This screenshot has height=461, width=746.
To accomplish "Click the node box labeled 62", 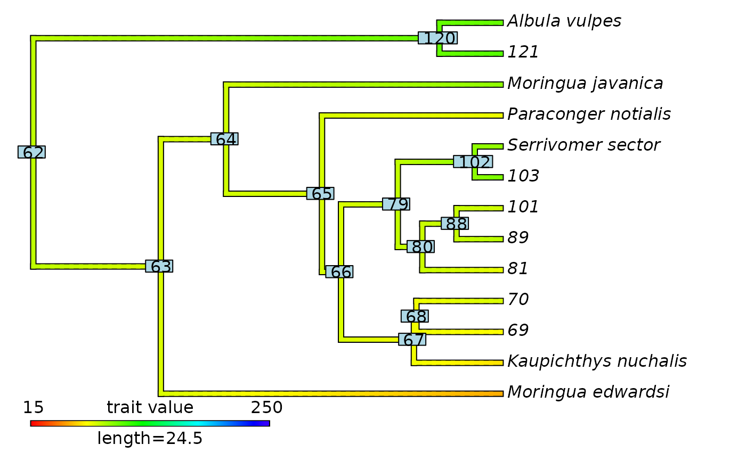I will (31, 152).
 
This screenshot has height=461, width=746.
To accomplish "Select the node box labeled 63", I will (159, 266).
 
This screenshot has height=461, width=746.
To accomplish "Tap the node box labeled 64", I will (224, 139).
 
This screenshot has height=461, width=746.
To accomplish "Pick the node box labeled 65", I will (320, 194).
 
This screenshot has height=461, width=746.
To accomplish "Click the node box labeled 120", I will (437, 38).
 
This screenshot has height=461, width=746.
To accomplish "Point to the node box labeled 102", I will (473, 161).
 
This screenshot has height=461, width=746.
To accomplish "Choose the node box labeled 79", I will (396, 204).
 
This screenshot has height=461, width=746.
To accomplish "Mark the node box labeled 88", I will (455, 224).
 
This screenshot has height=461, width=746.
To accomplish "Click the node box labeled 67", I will (412, 340).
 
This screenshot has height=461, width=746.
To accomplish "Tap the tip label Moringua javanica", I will (585, 84).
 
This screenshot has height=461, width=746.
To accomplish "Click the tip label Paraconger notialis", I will (589, 114).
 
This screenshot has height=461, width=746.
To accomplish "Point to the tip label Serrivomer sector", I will (583, 145).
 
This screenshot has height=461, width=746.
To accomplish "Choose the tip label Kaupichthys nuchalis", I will (597, 361).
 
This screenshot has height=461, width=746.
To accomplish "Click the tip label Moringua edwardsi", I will (588, 392).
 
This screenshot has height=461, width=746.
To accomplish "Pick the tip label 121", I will (523, 52).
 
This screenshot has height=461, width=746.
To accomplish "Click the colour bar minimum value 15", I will (33, 408).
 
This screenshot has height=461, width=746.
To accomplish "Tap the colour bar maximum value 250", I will (266, 408).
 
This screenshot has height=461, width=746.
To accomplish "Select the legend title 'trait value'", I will (150, 408).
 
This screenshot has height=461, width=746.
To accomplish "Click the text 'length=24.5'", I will (150, 439).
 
